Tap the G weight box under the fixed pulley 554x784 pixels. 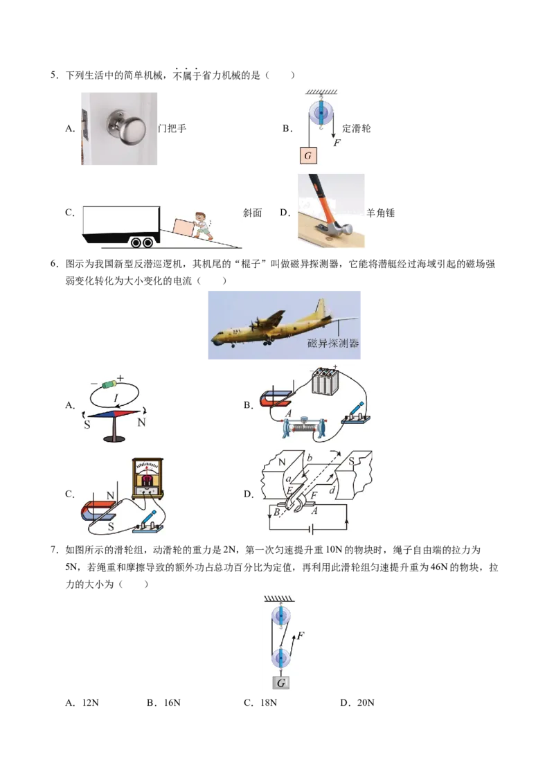click(308, 156)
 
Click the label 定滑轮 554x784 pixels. click(357, 129)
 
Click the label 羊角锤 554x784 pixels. click(380, 213)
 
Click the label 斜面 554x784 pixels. click(253, 213)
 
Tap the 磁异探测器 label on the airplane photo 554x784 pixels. click(333, 343)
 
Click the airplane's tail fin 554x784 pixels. click(320, 308)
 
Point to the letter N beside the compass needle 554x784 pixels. click(141, 422)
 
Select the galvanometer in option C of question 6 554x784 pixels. click(148, 478)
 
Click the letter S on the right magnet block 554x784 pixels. click(352, 461)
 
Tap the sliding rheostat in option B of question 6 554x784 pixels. click(305, 428)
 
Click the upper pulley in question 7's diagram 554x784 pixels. click(280, 615)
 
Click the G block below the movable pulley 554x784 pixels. click(281, 683)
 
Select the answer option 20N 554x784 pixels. click(357, 702)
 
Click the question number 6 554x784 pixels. click(55, 264)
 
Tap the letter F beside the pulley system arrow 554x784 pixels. click(301, 636)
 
